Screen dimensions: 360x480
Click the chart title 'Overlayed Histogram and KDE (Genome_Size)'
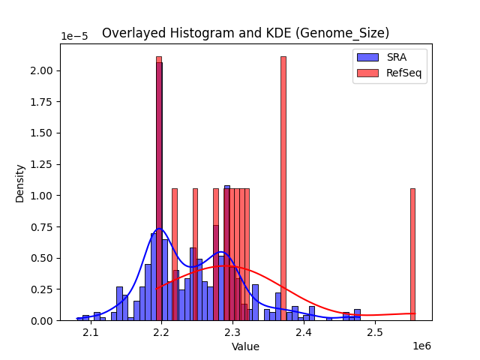point(245,33)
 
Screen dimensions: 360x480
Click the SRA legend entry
point(389,58)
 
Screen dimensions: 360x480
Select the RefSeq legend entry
point(389,72)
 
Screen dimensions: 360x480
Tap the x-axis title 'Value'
point(245,347)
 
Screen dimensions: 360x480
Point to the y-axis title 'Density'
point(20,182)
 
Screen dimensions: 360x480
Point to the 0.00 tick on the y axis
point(43,320)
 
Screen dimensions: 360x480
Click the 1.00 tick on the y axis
point(43,196)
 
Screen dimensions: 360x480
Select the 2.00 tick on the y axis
point(43,70)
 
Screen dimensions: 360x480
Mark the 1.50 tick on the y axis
point(43,133)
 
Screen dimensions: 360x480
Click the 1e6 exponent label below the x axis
point(421,346)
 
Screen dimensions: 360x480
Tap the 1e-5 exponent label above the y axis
point(74,37)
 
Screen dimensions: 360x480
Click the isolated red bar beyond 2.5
point(412,254)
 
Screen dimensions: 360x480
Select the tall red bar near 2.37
point(283,187)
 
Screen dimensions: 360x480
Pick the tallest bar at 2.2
point(159,187)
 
